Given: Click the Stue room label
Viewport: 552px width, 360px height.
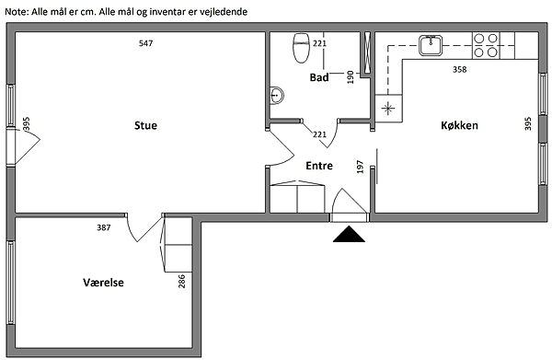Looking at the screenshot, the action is pos(145,125).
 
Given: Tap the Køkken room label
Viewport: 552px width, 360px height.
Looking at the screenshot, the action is pos(459,125).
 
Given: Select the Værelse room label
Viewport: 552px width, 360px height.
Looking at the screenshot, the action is pos(103,283).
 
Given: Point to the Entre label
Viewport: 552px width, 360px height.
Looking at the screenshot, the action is pos(319,166).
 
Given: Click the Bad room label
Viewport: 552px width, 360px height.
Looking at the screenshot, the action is pos(319,77).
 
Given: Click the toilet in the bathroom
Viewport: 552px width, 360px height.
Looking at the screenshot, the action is pos(301,48).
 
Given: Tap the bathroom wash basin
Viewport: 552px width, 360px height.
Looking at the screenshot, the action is pos(277,95).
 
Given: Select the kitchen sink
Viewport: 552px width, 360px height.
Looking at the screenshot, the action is pos(431,45).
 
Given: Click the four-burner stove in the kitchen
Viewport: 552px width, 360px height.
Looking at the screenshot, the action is pos(486,45).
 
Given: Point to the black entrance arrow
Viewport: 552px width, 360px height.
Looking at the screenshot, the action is pos(349,234).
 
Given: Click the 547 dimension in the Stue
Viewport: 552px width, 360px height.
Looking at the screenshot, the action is pos(145,43).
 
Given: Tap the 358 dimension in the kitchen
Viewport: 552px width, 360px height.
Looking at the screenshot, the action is pos(459,69).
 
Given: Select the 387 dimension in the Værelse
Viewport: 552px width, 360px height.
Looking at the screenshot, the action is pos(104,227).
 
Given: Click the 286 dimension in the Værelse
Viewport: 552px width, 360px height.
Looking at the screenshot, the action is pos(181,281).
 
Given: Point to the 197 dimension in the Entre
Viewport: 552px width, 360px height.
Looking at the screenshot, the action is pos(360,167).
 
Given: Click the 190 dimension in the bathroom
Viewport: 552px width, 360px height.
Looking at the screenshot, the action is pos(351,77).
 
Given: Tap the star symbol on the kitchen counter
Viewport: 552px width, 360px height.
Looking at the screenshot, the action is pos(388,108).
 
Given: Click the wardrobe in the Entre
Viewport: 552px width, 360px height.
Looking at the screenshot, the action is pos(297,197).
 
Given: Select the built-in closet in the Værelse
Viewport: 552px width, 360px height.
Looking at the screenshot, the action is pos(176,245).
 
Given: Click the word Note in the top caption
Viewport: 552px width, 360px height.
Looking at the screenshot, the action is pos(15,12).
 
